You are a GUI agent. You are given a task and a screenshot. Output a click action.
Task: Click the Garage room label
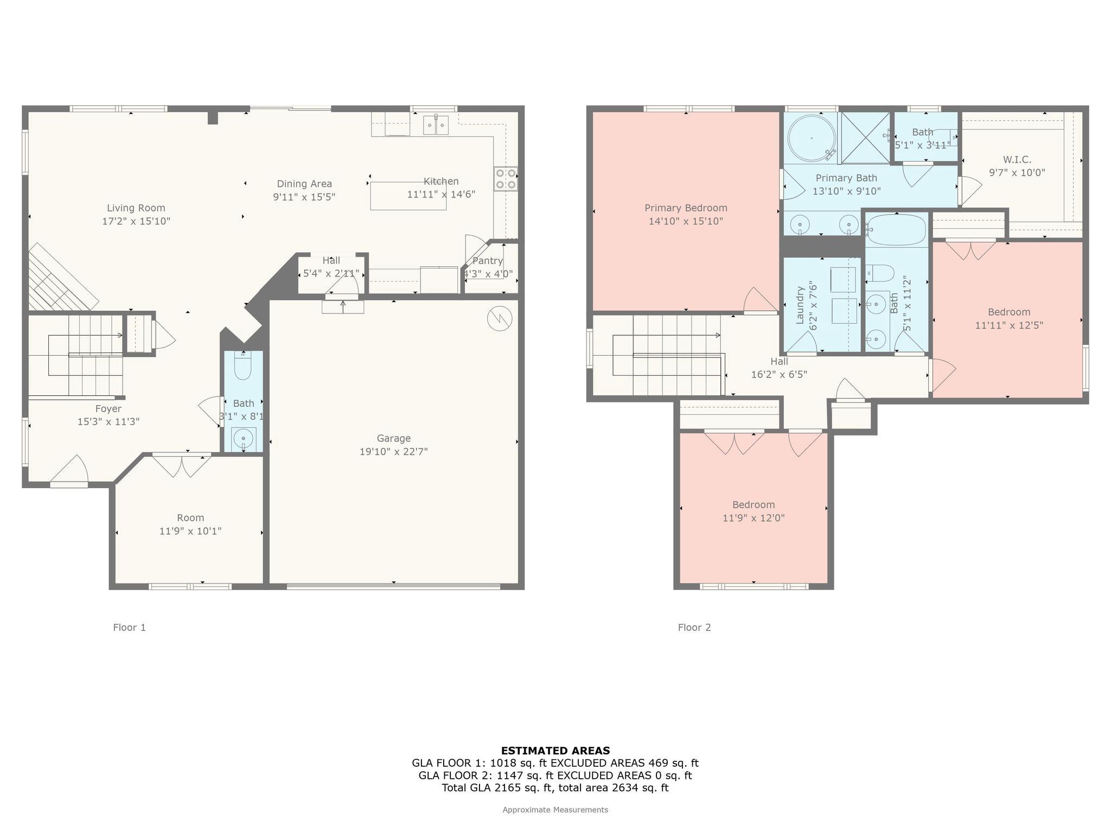click(x=393, y=438)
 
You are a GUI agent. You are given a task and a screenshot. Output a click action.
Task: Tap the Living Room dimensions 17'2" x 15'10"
click(x=136, y=221)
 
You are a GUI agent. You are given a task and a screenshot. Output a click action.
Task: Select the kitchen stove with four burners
click(x=505, y=179)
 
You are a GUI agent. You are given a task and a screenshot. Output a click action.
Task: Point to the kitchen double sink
click(x=436, y=125)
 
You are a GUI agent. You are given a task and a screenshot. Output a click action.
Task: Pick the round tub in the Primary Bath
click(x=811, y=138)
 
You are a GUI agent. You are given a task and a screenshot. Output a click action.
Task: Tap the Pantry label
click(x=487, y=261)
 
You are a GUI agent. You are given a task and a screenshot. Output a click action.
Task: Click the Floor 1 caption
click(x=129, y=627)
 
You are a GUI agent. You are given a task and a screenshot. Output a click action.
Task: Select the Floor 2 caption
click(x=694, y=627)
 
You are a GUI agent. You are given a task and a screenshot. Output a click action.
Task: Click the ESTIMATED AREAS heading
click(x=555, y=751)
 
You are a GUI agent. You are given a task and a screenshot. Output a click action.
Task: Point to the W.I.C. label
click(x=1017, y=159)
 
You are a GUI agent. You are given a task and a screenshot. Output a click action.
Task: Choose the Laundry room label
click(x=800, y=305)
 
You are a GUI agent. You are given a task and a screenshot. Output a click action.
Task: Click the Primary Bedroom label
click(x=686, y=208)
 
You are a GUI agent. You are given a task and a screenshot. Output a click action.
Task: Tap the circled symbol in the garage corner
click(x=500, y=319)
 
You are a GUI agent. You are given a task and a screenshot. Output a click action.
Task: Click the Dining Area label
click(x=304, y=184)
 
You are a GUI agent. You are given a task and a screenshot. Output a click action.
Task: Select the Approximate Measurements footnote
click(x=555, y=810)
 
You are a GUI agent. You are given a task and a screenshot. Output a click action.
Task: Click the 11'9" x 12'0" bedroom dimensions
click(x=753, y=518)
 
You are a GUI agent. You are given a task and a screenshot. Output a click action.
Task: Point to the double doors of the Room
click(x=182, y=465)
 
